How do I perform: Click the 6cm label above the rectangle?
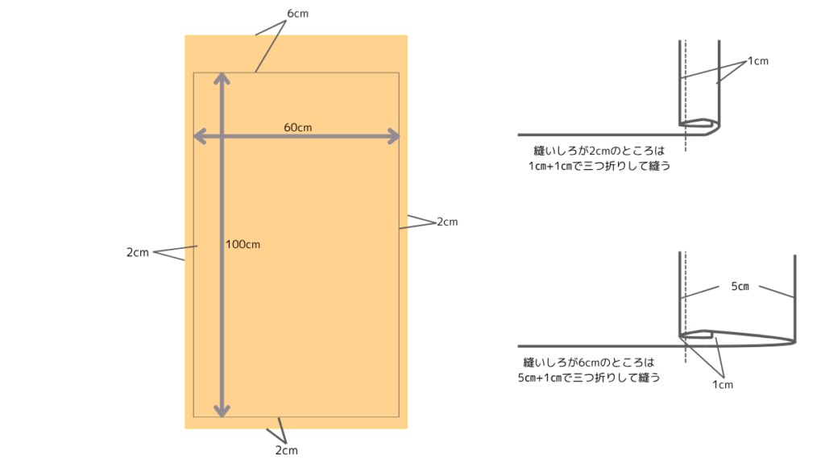click(297, 14)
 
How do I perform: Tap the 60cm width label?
click(297, 127)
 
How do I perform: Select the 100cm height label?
click(243, 244)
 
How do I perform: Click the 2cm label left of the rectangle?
click(138, 252)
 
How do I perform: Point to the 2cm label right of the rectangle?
click(446, 222)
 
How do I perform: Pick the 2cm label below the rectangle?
click(286, 450)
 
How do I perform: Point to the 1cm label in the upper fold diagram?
click(758, 60)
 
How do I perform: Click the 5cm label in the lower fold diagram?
click(740, 286)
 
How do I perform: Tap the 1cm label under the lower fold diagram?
click(723, 384)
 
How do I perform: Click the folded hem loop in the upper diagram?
click(698, 125)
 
